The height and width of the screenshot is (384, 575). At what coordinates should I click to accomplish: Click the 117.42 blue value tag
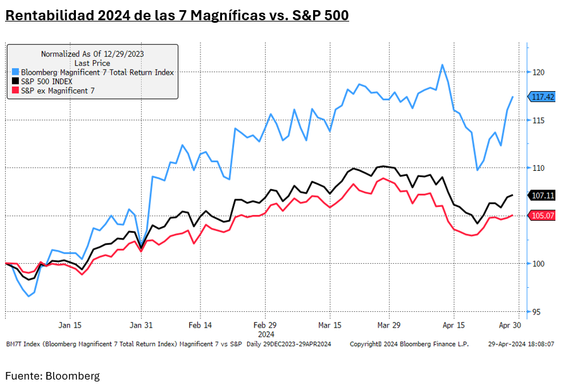tap(543, 97)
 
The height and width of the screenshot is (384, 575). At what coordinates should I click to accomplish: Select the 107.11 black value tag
tap(543, 195)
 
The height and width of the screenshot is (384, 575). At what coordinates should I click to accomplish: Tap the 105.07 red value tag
tap(543, 216)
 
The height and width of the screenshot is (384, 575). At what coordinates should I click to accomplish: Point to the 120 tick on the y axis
tap(538, 72)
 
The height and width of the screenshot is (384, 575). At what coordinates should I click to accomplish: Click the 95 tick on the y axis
tap(536, 312)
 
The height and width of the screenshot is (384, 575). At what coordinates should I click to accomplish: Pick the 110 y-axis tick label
tap(538, 168)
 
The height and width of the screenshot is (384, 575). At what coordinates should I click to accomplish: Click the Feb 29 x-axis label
tap(264, 325)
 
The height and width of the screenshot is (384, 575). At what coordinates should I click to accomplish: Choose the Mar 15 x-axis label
tap(329, 325)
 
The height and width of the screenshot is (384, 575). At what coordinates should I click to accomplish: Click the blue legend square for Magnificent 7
tap(15, 73)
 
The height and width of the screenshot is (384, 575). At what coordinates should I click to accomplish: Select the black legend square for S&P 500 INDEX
tap(15, 82)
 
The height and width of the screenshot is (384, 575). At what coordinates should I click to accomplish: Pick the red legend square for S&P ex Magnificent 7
tap(15, 90)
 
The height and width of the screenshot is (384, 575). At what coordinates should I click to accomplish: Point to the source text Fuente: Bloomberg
tap(53, 376)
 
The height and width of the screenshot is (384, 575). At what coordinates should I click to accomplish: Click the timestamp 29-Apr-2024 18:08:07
tap(521, 344)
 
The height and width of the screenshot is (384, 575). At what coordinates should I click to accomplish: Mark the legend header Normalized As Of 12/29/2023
tap(92, 54)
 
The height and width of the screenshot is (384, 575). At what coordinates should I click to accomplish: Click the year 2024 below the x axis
tap(265, 333)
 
